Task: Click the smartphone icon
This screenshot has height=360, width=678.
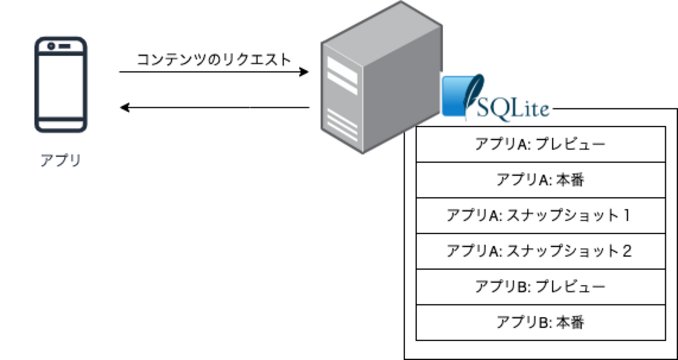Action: tap(60, 85)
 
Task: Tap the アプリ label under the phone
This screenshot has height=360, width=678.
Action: tap(60, 160)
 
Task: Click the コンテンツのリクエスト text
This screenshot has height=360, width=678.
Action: tap(213, 59)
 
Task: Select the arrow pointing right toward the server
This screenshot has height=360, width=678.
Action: tap(214, 72)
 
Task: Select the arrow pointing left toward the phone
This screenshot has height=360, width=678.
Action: tap(214, 108)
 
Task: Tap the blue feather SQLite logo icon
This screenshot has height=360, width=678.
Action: tap(461, 97)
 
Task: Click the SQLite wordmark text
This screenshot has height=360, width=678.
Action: tap(514, 109)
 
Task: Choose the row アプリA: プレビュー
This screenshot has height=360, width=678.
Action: tap(540, 144)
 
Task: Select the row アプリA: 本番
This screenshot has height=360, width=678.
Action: tap(540, 180)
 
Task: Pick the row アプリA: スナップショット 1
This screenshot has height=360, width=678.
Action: tap(540, 215)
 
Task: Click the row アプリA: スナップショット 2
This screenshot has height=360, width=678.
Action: tap(540, 251)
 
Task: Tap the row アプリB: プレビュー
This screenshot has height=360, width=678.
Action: tap(540, 287)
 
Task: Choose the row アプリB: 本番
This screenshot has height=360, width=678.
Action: tap(540, 322)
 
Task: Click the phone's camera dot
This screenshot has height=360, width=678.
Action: tap(51, 46)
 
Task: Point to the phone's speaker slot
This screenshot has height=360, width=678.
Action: tap(64, 46)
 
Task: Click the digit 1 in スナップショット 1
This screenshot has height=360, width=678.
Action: tap(626, 215)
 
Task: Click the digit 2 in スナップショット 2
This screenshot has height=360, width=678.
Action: tap(627, 251)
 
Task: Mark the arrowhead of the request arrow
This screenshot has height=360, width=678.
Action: tap(304, 72)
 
